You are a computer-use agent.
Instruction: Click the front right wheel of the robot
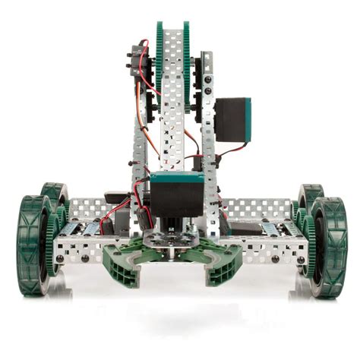pos(330,247)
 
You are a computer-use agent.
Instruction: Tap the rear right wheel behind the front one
pos(309,199)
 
